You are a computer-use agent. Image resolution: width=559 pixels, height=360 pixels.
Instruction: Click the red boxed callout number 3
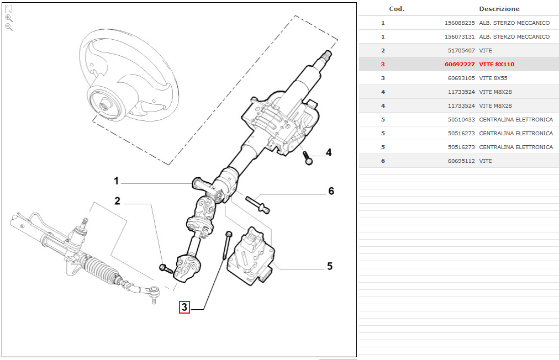pyautogui.click(x=184, y=307)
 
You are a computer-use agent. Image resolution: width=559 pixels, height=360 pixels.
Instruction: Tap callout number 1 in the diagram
pyautogui.click(x=117, y=181)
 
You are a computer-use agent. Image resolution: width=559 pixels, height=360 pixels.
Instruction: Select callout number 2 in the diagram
pyautogui.click(x=117, y=201)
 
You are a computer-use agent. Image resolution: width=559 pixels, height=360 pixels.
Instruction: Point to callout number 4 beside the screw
pyautogui.click(x=329, y=152)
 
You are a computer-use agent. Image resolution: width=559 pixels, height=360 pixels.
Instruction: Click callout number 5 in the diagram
pyautogui.click(x=330, y=266)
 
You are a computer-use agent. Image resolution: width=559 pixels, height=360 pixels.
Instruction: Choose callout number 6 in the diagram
pyautogui.click(x=331, y=191)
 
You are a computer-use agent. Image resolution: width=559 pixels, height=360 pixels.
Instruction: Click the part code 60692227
pyautogui.click(x=460, y=65)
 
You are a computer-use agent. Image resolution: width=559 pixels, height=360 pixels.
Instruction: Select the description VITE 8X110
pyautogui.click(x=497, y=65)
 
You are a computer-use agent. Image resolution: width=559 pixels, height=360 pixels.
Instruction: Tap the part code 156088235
pyautogui.click(x=460, y=23)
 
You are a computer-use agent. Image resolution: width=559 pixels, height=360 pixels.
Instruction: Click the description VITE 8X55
pyautogui.click(x=493, y=78)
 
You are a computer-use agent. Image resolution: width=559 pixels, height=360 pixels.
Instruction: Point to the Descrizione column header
pyautogui.click(x=499, y=9)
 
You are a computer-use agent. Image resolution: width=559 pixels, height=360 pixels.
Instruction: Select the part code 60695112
pyautogui.click(x=462, y=161)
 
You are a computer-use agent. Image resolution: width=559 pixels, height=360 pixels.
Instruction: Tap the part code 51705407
pyautogui.click(x=462, y=51)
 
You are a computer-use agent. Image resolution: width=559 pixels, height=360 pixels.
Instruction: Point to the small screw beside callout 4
pyautogui.click(x=308, y=158)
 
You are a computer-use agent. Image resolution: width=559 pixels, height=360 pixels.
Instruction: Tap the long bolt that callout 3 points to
pyautogui.click(x=225, y=246)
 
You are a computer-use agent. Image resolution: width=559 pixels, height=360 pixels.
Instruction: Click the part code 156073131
pyautogui.click(x=460, y=37)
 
